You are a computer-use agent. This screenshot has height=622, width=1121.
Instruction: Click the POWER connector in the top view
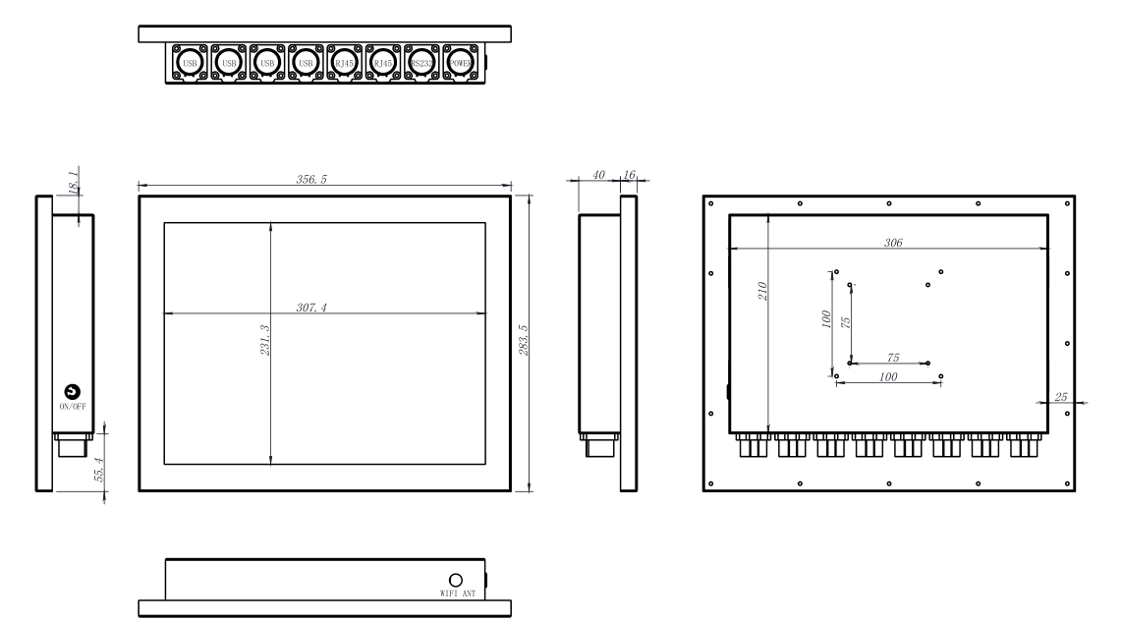point(459,64)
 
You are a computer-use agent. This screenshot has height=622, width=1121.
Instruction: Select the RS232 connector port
point(420,64)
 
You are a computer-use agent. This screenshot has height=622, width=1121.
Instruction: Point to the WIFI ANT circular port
point(456,581)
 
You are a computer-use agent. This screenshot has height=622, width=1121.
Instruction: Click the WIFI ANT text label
point(456,595)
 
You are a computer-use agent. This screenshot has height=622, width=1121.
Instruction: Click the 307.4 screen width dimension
point(312,308)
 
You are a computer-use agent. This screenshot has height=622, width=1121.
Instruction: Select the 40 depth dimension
point(597,175)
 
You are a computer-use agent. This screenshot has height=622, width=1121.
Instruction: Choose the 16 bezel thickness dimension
point(630,175)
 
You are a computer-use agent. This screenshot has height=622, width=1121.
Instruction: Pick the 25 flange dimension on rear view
point(1060,396)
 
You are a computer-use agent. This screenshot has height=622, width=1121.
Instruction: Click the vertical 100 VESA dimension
point(826,320)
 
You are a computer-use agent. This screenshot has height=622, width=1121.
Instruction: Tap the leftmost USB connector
point(191,64)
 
